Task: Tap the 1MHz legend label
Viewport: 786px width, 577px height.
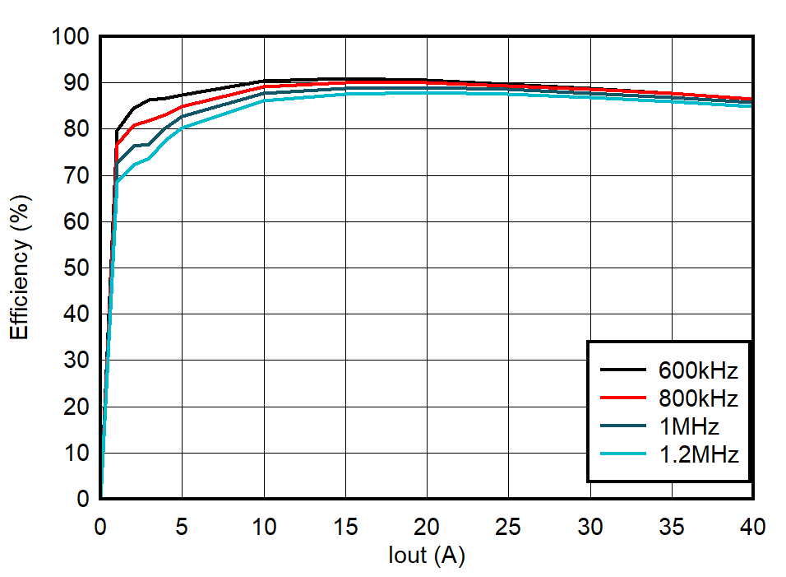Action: point(688,426)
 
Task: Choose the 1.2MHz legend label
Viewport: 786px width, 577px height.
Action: point(698,454)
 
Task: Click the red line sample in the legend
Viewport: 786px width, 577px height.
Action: point(622,398)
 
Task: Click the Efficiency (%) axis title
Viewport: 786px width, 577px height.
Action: point(20,266)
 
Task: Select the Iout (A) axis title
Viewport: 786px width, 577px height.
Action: point(426,556)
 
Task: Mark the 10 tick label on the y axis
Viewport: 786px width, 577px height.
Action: point(76,453)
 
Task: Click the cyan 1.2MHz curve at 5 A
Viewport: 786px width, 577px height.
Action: point(182,128)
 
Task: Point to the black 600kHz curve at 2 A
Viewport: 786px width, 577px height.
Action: point(133,108)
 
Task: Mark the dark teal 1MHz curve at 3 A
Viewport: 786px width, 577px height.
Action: point(149,144)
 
